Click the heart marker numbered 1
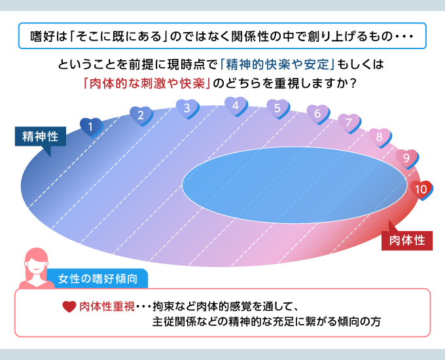coord(91,127)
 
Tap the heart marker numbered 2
coord(141,116)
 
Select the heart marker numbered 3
coord(187,109)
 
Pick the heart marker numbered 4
coord(236,106)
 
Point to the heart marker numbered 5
coord(278,109)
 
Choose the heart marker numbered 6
coord(318,114)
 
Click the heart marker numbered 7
coord(349,123)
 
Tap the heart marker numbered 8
coord(380,137)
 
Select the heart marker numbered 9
coord(407,158)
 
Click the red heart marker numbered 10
coord(421,190)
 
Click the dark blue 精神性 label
coord(41,136)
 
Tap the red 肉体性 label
coord(407,240)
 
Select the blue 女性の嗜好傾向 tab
coord(98,279)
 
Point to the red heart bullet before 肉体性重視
coord(69,306)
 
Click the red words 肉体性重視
coord(107,306)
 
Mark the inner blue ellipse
coord(294,185)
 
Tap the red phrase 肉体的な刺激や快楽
coord(147,84)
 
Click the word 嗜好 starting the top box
coord(42,37)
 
